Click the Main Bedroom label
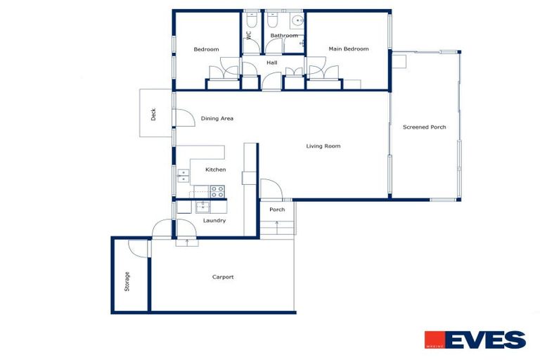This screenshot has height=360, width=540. coord(349,49)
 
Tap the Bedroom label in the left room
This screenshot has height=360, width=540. coord(206,49)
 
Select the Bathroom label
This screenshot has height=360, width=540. coord(284,35)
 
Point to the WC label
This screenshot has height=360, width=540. coord(248,35)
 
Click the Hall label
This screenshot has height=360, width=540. coord(271,63)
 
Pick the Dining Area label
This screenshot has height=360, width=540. coord(217,118)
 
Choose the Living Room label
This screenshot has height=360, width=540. coord(323,146)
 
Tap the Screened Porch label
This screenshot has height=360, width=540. coord(424,127)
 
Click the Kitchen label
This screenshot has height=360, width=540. coord(215,169)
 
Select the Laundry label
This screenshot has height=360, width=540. coord(214,220)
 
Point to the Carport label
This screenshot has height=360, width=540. coord(223,277)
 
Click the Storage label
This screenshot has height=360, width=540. coord(127,281)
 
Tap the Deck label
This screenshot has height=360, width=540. coord(153,113)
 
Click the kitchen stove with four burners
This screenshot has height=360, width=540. coord(217,191)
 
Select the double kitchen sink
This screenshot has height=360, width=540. coord(183,175)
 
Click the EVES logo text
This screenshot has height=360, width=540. coord(484,340)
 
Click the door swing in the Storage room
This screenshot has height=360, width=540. coord(139,248)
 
